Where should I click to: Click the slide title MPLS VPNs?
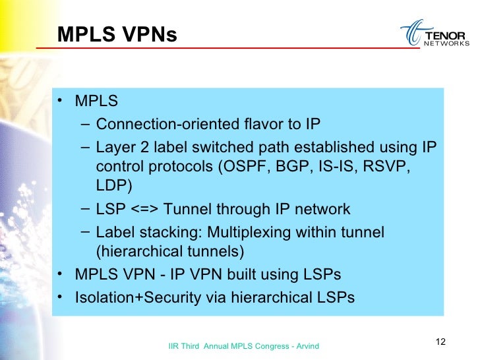(x=117, y=34)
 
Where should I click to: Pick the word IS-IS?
(x=333, y=165)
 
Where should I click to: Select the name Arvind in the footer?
(x=306, y=345)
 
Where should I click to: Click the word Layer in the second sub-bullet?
(x=115, y=146)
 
